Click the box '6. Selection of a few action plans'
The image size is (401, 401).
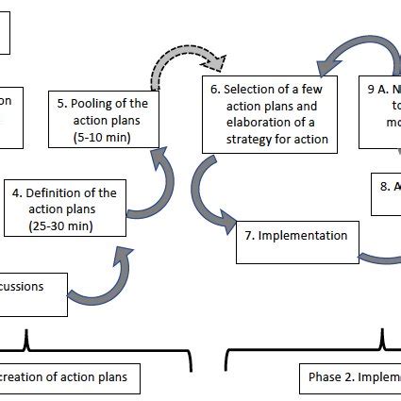tap(269, 115)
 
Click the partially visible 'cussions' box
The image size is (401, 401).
tap(33, 287)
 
